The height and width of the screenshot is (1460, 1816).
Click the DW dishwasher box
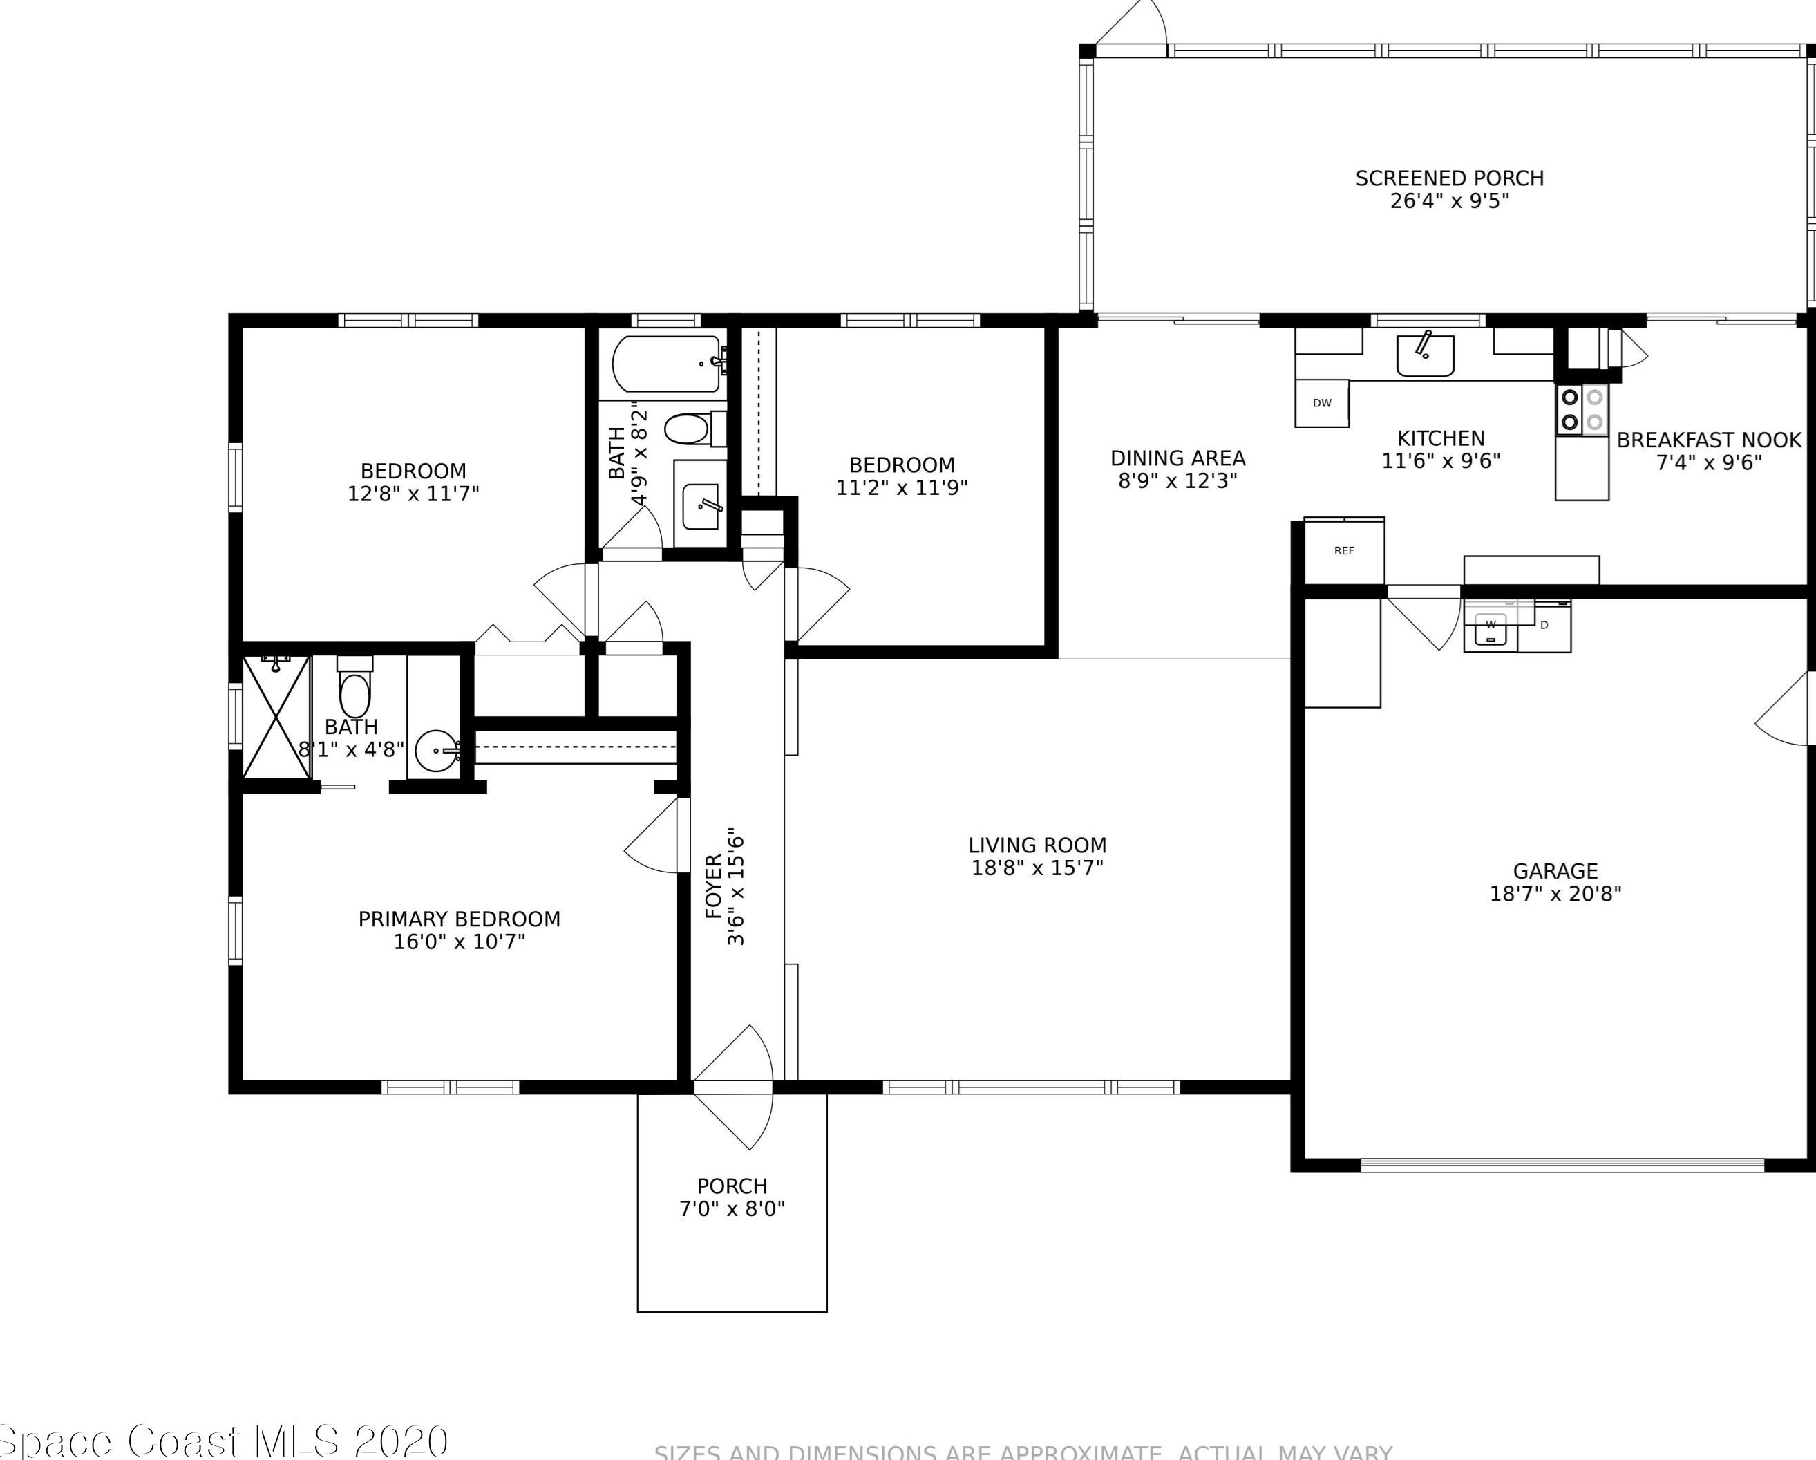point(1321,403)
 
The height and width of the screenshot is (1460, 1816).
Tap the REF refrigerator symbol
point(1343,551)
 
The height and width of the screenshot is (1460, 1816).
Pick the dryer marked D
point(1544,626)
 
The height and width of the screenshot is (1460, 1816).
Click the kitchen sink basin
point(1424,355)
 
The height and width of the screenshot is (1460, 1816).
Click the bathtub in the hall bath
point(665,364)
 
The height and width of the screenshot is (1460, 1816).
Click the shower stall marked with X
point(276,718)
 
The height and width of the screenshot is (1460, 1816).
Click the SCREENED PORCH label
point(1449,178)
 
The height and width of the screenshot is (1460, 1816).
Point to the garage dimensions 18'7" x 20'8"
point(1555,894)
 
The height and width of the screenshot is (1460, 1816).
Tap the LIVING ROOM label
point(1037,845)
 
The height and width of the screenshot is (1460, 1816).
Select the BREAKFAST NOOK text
point(1708,440)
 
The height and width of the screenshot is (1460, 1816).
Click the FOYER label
point(713,886)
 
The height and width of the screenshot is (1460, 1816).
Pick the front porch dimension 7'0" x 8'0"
point(731,1209)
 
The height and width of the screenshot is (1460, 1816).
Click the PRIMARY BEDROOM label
point(459,919)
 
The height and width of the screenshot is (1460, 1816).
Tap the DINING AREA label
point(1177,458)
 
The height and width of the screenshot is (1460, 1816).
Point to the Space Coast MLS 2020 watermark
point(224,1441)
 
